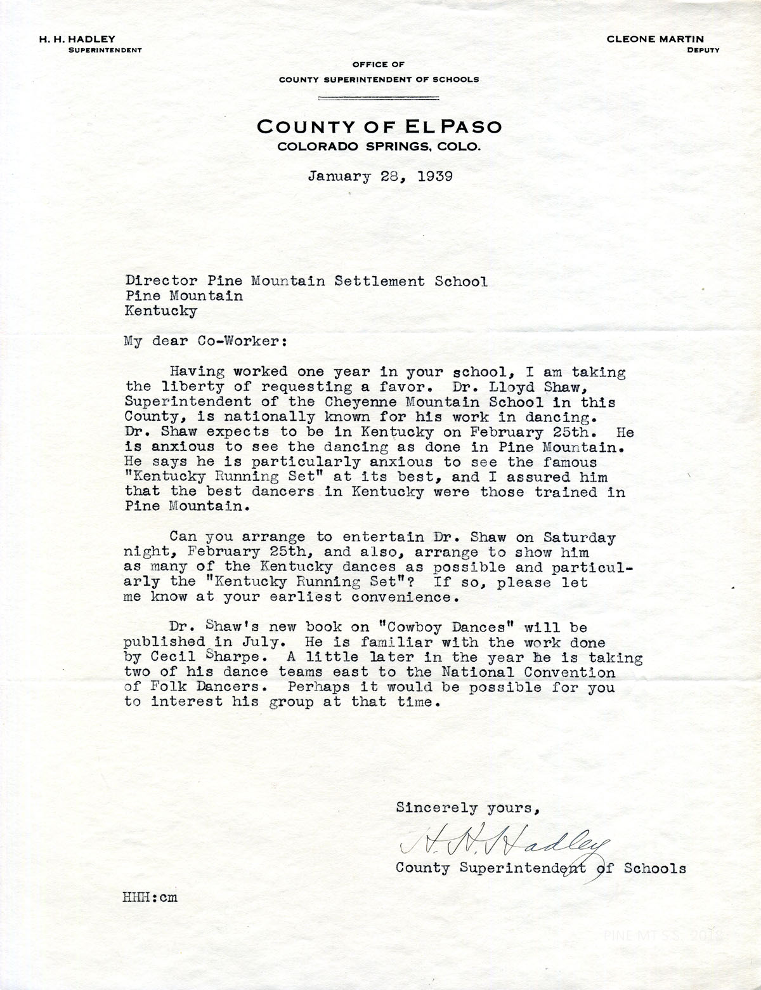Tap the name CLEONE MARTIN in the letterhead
(x=663, y=39)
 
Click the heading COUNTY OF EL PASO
(x=379, y=126)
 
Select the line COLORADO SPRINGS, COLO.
(x=379, y=147)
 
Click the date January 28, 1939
(x=380, y=176)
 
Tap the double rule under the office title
(x=379, y=98)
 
